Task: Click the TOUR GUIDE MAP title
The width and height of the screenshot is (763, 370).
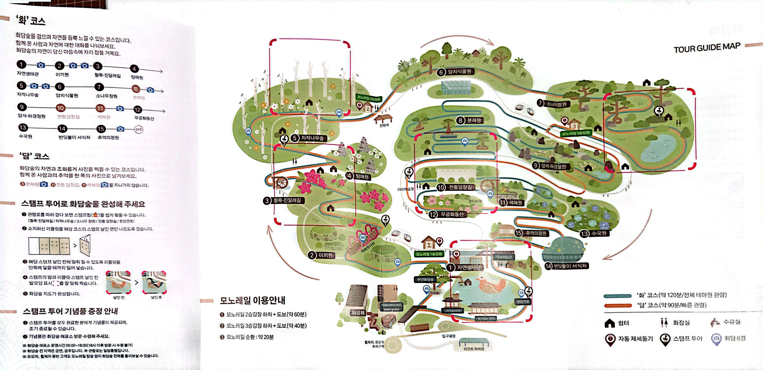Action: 707,48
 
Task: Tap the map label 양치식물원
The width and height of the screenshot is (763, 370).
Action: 459,71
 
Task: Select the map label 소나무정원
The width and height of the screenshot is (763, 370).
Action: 556,104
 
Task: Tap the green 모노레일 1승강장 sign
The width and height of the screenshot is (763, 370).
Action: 429,254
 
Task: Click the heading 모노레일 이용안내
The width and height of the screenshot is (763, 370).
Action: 252,300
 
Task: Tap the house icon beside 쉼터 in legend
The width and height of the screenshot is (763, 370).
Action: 609,323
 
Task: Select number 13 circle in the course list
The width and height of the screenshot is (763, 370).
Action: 23,128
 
